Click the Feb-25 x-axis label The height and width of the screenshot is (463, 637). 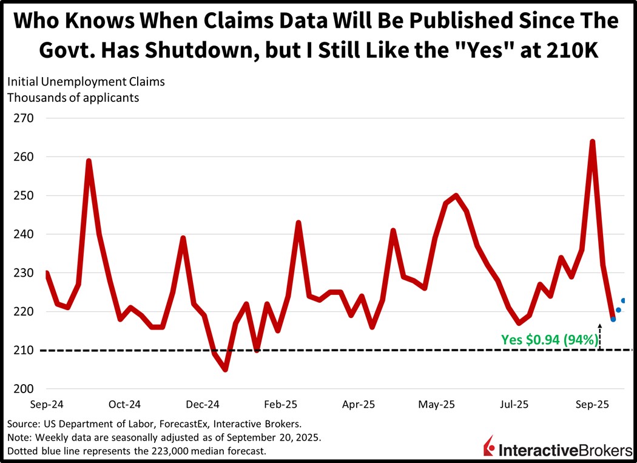pos(282,404)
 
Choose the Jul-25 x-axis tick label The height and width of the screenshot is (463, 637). pos(514,404)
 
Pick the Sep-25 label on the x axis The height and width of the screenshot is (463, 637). pos(593,404)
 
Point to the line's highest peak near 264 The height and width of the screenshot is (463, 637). pos(592,142)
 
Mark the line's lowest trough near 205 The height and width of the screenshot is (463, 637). pos(225,369)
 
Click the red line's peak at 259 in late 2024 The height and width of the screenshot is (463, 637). pos(89,161)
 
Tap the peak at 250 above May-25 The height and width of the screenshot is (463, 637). pos(456,195)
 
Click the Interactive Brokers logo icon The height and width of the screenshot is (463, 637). pos(489,447)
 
